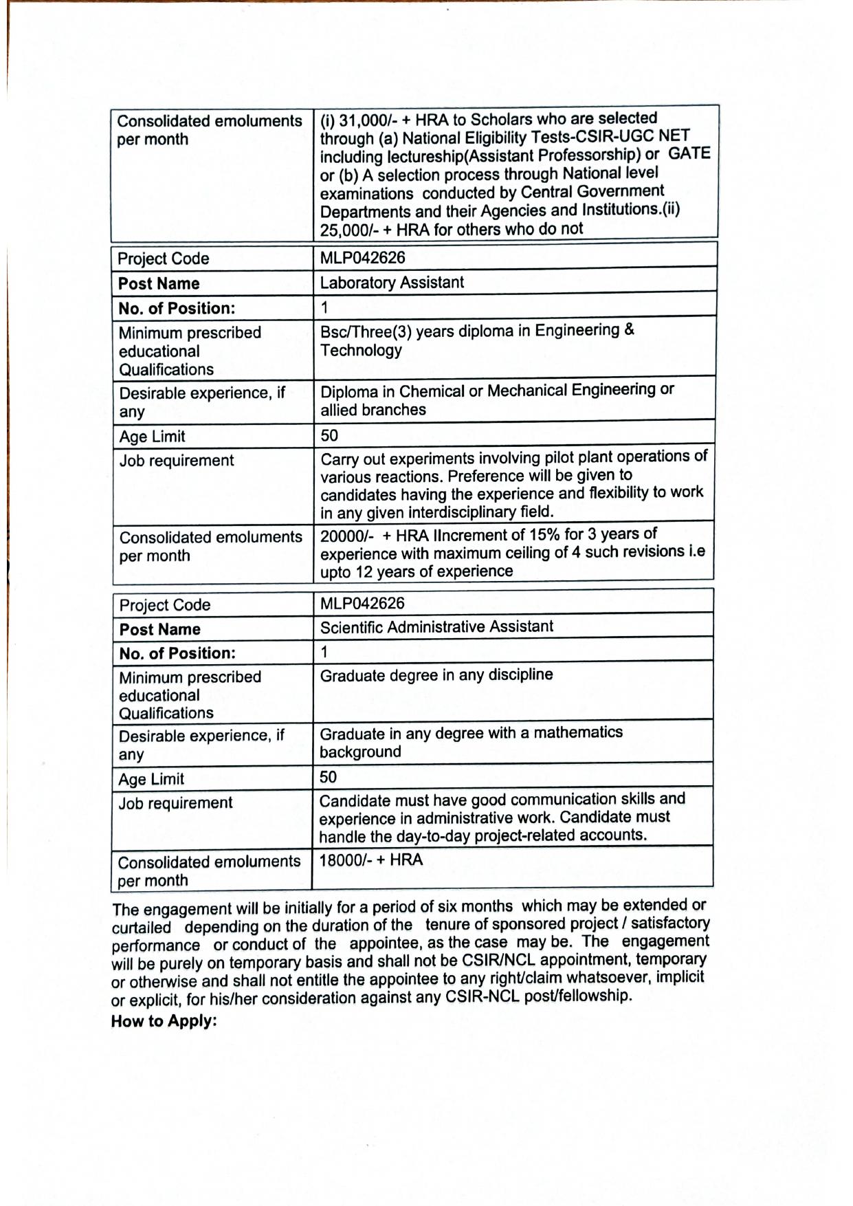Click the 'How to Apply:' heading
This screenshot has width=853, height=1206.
coord(164,1021)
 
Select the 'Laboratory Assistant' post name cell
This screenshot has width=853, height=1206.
coord(392,283)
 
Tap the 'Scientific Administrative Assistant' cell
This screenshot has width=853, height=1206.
coord(436,627)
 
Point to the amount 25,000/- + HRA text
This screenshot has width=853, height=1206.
coord(374,230)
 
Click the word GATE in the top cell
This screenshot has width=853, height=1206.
coord(689,153)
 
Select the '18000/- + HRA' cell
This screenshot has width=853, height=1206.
coord(371,860)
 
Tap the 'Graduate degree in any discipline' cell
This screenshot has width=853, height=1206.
coord(436,675)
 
